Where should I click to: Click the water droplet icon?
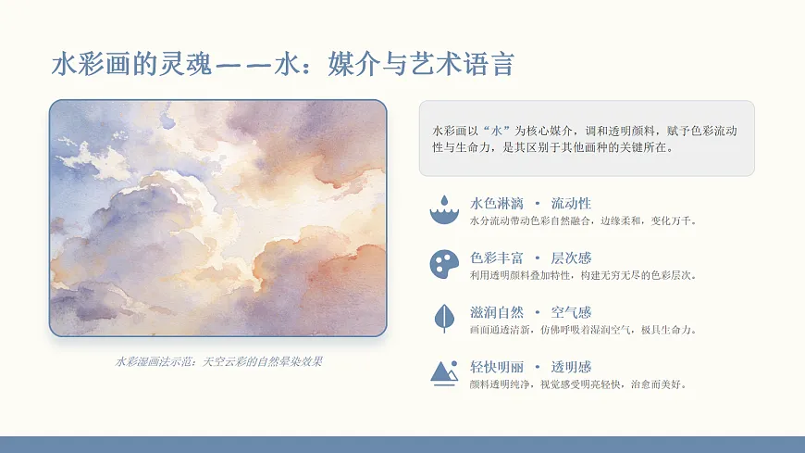(444, 209)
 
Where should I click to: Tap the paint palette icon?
(444, 264)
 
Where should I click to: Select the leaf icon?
(444, 318)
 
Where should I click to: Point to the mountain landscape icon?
(444, 372)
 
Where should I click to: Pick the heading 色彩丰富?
(496, 258)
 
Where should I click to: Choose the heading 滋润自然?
(496, 312)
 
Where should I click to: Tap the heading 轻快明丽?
(496, 367)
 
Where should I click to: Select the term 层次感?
(571, 258)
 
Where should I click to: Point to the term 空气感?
(571, 312)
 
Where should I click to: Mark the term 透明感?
(571, 367)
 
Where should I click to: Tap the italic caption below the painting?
(218, 361)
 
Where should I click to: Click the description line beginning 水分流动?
(583, 221)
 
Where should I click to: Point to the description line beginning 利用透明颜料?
(583, 275)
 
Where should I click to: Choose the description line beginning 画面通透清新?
(583, 330)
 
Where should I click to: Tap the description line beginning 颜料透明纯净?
(578, 384)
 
